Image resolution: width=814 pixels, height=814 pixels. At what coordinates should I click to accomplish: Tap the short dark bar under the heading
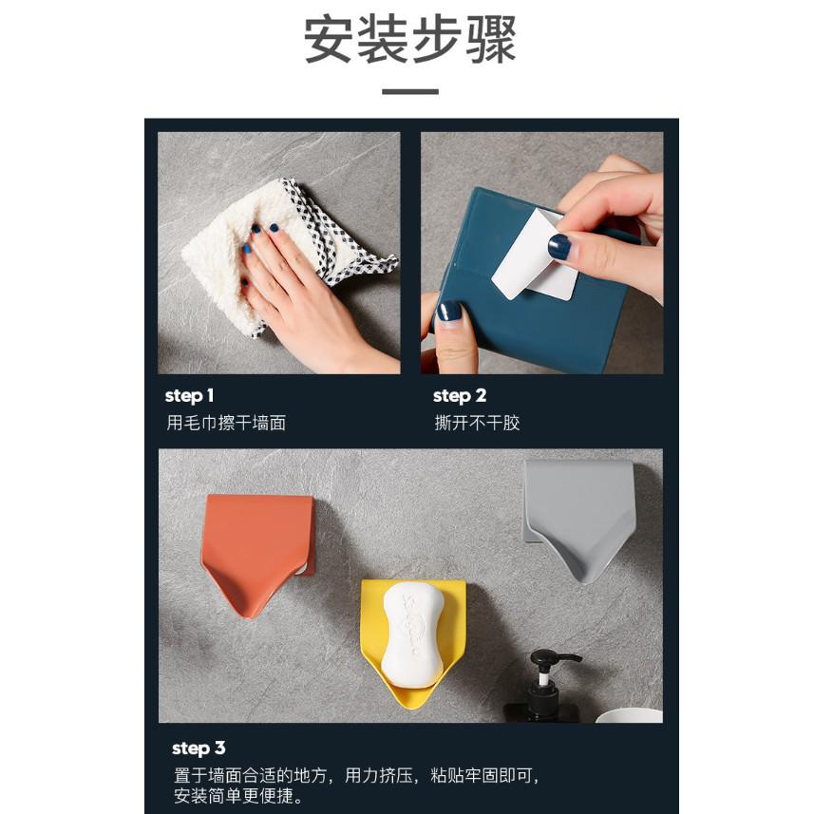(410, 92)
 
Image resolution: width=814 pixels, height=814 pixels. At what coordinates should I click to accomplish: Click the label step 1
(189, 396)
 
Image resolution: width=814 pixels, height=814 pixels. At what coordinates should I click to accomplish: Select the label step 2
(459, 396)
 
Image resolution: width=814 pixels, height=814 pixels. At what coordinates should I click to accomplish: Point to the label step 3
(198, 748)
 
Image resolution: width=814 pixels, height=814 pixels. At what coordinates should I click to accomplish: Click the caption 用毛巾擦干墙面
(226, 423)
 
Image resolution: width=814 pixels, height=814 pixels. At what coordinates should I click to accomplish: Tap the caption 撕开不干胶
(477, 423)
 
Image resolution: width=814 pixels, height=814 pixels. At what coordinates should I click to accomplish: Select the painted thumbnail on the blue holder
(449, 312)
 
